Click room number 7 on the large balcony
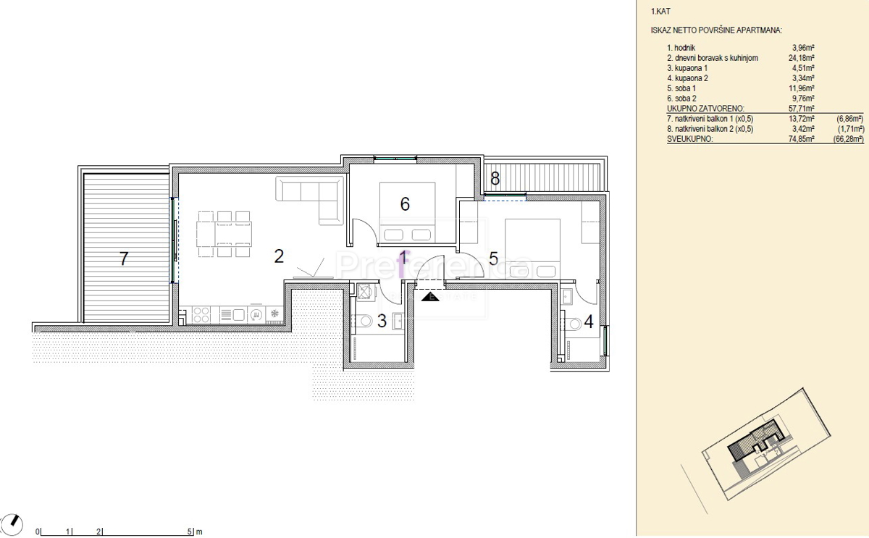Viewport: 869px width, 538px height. pyautogui.click(x=124, y=259)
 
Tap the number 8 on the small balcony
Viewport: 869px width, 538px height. pyautogui.click(x=495, y=178)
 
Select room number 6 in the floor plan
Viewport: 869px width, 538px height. pyautogui.click(x=405, y=204)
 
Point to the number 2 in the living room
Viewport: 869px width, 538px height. pyautogui.click(x=279, y=256)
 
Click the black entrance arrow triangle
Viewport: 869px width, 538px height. pyautogui.click(x=430, y=297)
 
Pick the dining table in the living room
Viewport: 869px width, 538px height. pyautogui.click(x=224, y=234)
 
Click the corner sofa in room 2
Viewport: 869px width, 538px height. pyautogui.click(x=310, y=200)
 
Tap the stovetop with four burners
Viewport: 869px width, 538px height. pyautogui.click(x=201, y=314)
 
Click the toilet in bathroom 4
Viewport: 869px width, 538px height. pyautogui.click(x=571, y=324)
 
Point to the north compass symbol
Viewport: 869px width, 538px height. pyautogui.click(x=12, y=525)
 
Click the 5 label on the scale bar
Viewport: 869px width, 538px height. pyautogui.click(x=190, y=531)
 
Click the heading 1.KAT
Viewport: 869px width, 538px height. pyautogui.click(x=660, y=12)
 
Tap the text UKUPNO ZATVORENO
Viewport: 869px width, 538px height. pyautogui.click(x=705, y=109)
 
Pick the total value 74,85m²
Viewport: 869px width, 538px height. pyautogui.click(x=801, y=139)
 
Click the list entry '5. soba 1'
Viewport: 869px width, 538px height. pyautogui.click(x=681, y=88)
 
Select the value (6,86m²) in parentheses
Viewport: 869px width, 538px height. pyautogui.click(x=850, y=119)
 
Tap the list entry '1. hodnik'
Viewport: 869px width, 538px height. pyautogui.click(x=681, y=48)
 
